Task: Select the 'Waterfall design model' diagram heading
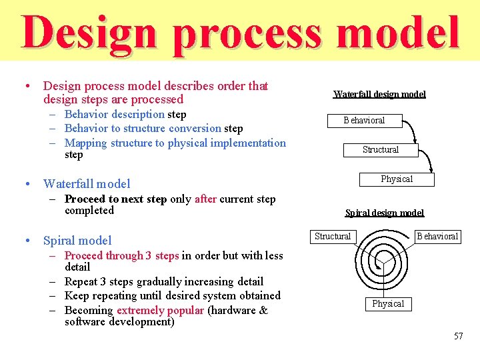(379, 94)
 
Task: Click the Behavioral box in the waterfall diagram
(363, 121)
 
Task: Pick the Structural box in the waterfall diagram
(381, 150)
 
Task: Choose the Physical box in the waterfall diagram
(397, 179)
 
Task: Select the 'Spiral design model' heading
(384, 213)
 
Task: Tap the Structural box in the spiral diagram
(333, 237)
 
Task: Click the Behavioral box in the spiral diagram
(437, 237)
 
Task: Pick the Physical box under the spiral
(388, 304)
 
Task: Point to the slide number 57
(458, 336)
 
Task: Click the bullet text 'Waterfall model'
(87, 184)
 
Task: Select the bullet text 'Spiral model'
(77, 241)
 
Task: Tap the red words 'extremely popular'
(160, 310)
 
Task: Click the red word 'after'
(205, 199)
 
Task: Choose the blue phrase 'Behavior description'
(115, 115)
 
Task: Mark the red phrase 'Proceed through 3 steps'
(121, 256)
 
